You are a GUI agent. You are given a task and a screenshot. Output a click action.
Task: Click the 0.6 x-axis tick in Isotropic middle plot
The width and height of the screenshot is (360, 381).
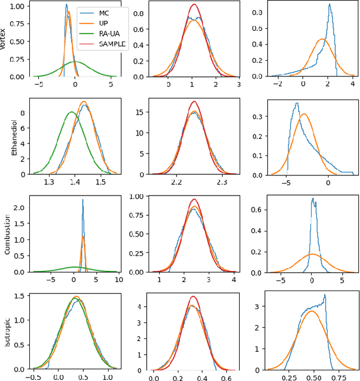(x=231, y=378)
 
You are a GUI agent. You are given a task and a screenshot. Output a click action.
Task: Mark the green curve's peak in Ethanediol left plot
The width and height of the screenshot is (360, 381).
(x=72, y=112)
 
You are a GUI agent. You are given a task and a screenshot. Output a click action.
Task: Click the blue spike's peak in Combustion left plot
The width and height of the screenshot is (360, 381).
(x=83, y=199)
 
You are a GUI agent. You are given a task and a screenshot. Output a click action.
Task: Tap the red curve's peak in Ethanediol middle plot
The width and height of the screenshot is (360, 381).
(x=194, y=102)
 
